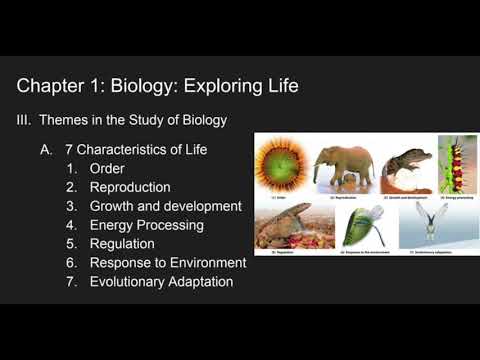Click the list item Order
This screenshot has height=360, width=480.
click(x=107, y=168)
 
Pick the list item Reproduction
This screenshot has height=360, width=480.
click(x=130, y=187)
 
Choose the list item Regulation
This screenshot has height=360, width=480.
click(x=122, y=244)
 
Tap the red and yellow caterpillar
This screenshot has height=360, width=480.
click(x=458, y=165)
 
